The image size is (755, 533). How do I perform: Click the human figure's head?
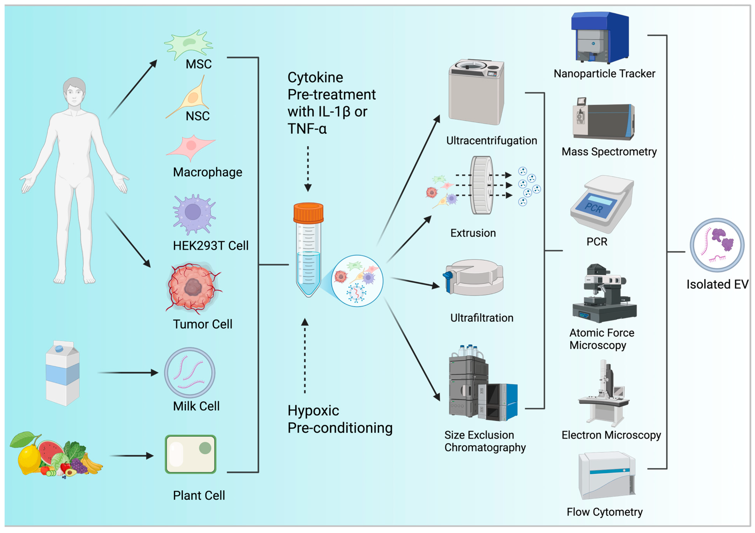[x=74, y=92]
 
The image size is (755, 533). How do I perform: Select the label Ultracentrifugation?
[x=491, y=141]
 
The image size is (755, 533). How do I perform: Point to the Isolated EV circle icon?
[x=717, y=245]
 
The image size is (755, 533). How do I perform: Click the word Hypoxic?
[x=313, y=410]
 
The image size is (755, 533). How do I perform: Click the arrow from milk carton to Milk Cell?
[x=128, y=373]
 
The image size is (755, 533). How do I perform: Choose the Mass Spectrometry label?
[x=609, y=152]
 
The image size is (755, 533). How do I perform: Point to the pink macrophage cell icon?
[x=191, y=147]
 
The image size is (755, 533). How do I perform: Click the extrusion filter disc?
[x=482, y=185]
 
